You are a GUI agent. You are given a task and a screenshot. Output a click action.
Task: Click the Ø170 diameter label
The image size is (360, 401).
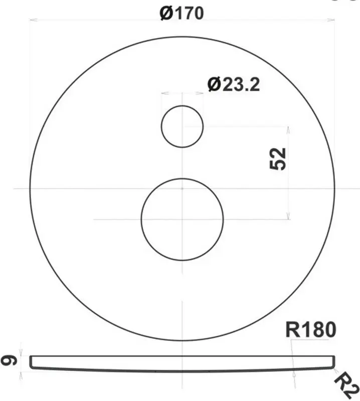(x=182, y=13)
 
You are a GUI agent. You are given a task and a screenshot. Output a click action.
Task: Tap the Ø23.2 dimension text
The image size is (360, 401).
(x=234, y=84)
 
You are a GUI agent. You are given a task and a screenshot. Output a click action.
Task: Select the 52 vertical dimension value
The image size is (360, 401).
(x=278, y=158)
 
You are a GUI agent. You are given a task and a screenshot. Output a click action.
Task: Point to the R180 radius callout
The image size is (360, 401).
(x=311, y=330)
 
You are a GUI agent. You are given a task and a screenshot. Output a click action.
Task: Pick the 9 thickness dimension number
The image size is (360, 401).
(x=9, y=361)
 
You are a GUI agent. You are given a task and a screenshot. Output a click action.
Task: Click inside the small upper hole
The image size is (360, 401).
(x=182, y=126)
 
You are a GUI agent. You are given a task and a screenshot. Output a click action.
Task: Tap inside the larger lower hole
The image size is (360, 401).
(x=182, y=220)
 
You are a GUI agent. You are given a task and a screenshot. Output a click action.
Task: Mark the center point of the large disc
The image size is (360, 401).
(x=182, y=189)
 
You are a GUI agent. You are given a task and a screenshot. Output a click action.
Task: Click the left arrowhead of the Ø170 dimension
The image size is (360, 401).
(x=33, y=20)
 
